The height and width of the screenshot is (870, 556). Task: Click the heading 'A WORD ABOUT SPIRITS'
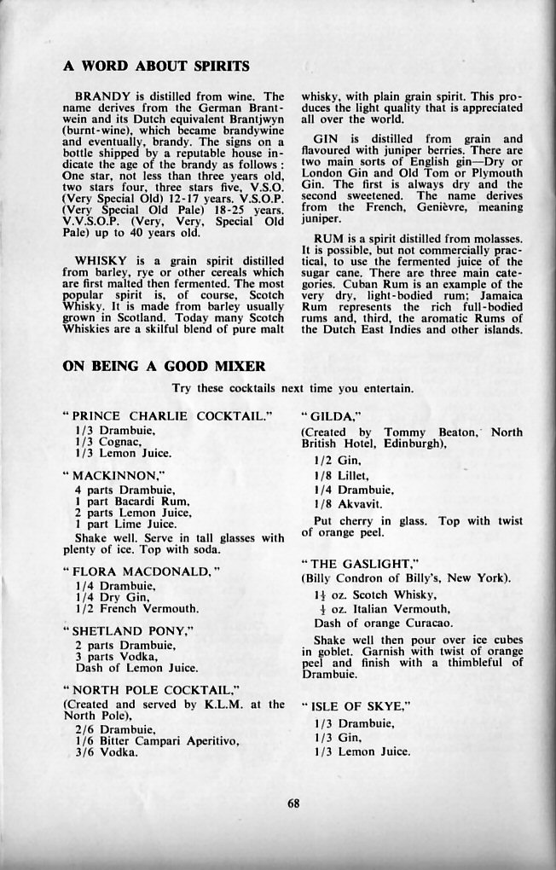click(x=157, y=66)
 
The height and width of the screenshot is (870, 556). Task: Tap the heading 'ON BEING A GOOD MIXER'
click(x=165, y=367)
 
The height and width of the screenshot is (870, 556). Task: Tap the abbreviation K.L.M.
click(x=218, y=704)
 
